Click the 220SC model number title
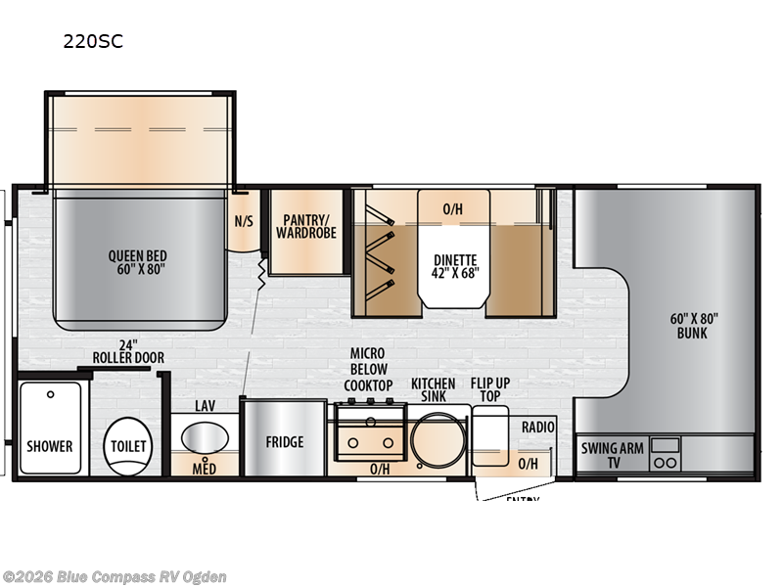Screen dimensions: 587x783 coord(95,41)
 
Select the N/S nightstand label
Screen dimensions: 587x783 coord(243,221)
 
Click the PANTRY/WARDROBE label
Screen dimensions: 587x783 coord(305,227)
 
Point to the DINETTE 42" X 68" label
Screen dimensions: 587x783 coord(457,266)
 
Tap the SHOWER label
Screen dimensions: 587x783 coord(50,446)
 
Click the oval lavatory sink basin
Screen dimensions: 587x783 coord(205,435)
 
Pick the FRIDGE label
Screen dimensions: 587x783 coord(284,442)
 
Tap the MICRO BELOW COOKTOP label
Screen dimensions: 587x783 coord(368,369)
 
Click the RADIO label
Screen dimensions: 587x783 coord(537,428)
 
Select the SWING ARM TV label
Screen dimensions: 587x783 coord(612,455)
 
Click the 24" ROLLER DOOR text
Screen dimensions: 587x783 coord(127,351)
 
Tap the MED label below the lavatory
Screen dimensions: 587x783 coord(204,468)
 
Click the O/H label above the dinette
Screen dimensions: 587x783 coord(452,209)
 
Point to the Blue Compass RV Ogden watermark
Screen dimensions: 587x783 coord(115,576)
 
